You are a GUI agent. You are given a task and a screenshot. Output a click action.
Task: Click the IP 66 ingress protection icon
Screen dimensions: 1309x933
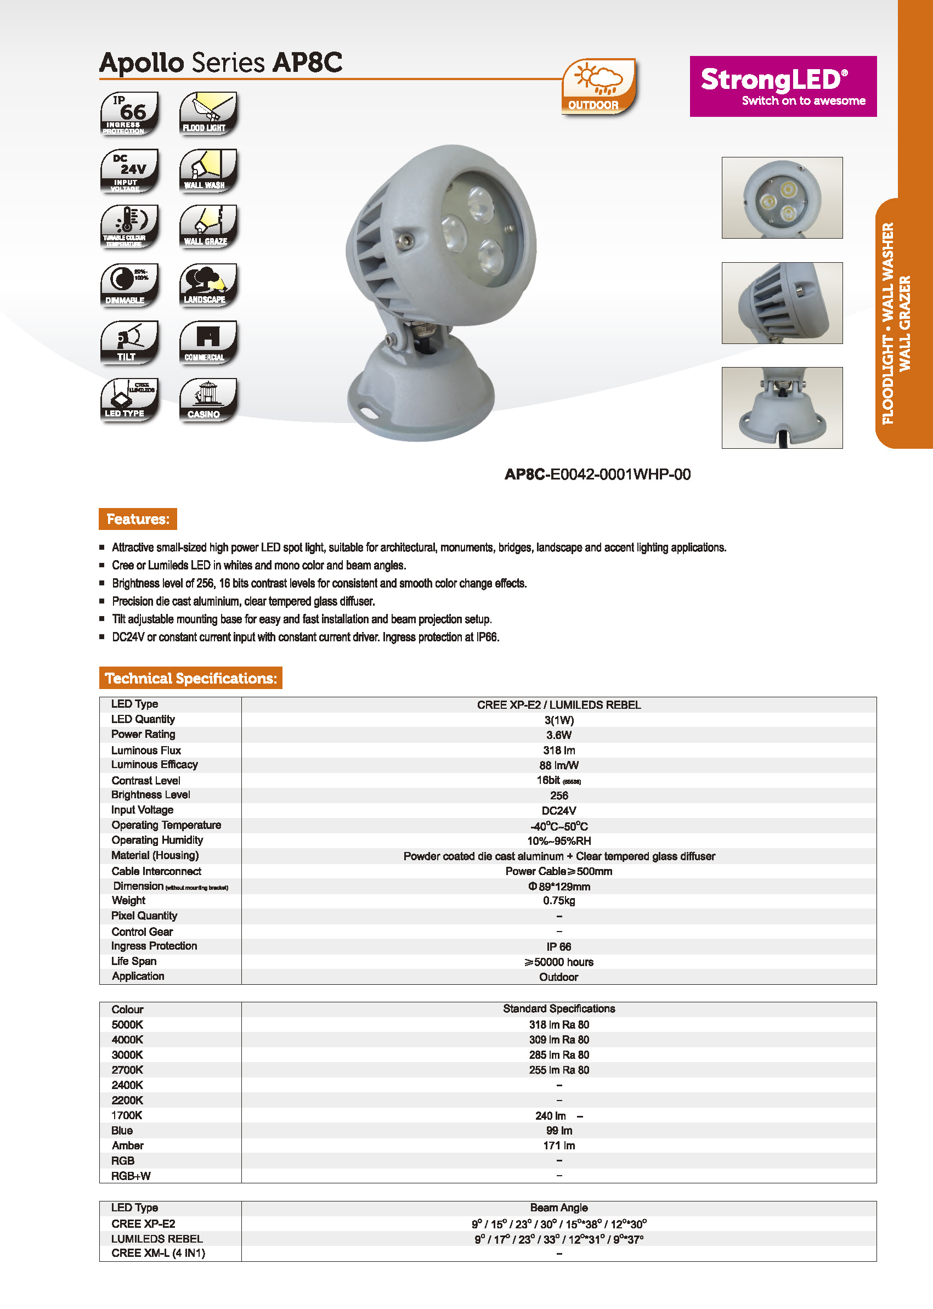pos(129,113)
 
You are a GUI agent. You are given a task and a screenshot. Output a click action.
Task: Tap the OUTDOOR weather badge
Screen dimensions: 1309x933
pos(598,87)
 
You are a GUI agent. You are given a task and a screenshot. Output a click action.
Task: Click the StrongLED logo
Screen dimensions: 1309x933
pos(783,86)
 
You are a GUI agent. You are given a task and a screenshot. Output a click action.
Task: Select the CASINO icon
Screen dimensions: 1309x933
pos(208,399)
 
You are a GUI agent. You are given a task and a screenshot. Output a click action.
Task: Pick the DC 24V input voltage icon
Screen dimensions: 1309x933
pos(129,171)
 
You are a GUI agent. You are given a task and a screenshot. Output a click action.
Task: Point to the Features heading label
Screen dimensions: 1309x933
pos(138,519)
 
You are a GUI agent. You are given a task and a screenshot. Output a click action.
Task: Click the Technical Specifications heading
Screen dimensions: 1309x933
pos(191,678)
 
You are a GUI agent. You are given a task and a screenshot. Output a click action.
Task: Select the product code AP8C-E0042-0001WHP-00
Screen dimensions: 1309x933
pos(597,475)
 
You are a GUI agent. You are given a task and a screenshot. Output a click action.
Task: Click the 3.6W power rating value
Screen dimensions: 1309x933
pos(558,735)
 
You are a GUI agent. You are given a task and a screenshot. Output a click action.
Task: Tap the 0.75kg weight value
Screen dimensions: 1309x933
pos(558,900)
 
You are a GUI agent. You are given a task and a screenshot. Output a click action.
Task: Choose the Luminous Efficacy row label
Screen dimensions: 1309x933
pos(155,765)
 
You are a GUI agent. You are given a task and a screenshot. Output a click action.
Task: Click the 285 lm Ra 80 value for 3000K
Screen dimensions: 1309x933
pos(558,1055)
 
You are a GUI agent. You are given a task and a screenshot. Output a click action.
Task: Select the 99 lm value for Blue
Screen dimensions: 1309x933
pos(558,1131)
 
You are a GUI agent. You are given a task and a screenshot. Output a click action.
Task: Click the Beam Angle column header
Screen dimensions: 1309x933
pos(558,1208)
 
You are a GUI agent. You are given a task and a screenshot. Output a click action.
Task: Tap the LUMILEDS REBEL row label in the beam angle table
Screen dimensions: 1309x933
pos(157,1239)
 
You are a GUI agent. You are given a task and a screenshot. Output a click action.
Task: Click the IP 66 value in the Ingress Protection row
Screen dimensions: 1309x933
pos(558,946)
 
